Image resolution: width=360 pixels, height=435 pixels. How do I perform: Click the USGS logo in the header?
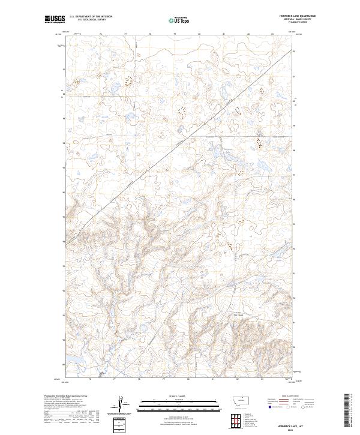(53, 20)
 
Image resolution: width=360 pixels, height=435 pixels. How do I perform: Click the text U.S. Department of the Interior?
(91, 17)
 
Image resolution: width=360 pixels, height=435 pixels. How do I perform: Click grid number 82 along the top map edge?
(248, 34)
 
